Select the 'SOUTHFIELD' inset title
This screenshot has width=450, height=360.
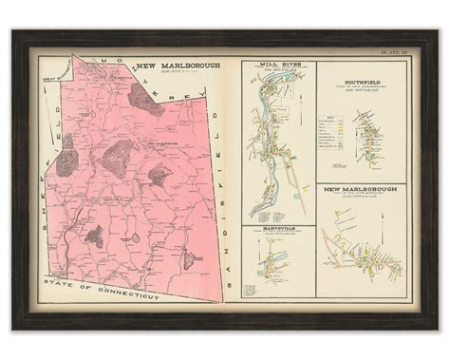361,80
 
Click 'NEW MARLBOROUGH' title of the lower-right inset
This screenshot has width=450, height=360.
362,190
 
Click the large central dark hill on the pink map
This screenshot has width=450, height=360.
119,153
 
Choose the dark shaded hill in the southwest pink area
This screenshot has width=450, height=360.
95,236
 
